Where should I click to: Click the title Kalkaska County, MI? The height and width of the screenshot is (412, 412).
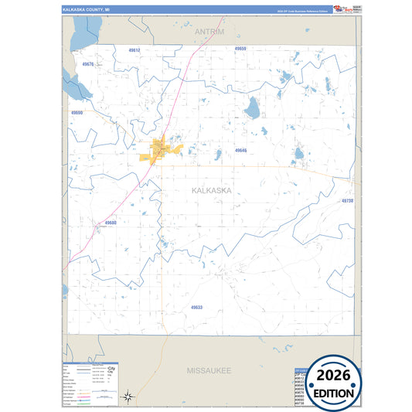click(86, 9)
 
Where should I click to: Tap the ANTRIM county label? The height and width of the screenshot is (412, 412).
click(209, 32)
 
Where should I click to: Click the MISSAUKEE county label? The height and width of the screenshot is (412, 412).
click(209, 371)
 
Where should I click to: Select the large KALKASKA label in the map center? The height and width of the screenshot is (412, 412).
click(211, 190)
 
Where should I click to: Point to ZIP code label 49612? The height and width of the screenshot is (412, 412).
click(134, 50)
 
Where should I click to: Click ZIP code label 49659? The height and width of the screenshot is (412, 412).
click(240, 49)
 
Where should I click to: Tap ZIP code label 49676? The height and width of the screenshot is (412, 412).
click(88, 64)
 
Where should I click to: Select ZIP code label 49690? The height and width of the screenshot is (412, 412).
click(77, 113)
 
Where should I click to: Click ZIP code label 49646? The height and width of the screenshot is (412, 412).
click(241, 150)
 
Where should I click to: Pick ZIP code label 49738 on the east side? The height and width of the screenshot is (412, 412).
click(347, 200)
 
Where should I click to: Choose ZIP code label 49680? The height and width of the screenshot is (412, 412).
click(111, 223)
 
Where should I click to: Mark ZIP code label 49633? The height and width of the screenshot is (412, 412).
click(196, 307)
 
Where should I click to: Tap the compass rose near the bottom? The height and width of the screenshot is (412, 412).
click(130, 397)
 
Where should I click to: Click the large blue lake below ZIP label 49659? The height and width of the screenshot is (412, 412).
click(252, 110)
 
